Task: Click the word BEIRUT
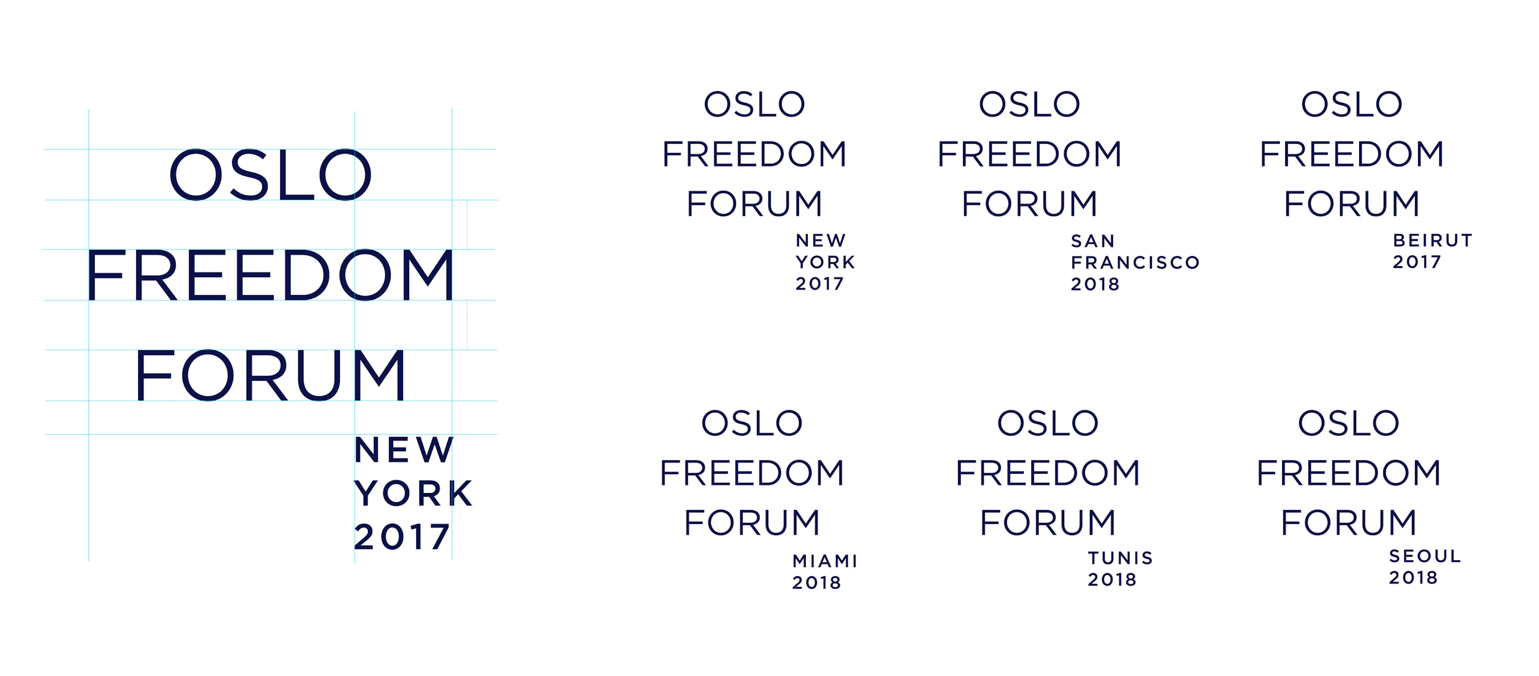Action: (1432, 240)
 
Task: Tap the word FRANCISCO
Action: (1135, 262)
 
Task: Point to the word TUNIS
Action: (1120, 558)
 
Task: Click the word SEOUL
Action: (1425, 556)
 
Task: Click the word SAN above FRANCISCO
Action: (1093, 241)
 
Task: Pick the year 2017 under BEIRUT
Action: (1416, 262)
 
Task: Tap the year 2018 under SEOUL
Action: (1413, 578)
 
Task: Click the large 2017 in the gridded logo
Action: (402, 537)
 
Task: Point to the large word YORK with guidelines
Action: (413, 494)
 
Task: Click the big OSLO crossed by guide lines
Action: (271, 175)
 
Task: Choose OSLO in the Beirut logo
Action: (1352, 105)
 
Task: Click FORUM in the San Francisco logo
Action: (1029, 204)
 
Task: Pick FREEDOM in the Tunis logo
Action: (1048, 473)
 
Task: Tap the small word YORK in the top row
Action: (826, 262)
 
